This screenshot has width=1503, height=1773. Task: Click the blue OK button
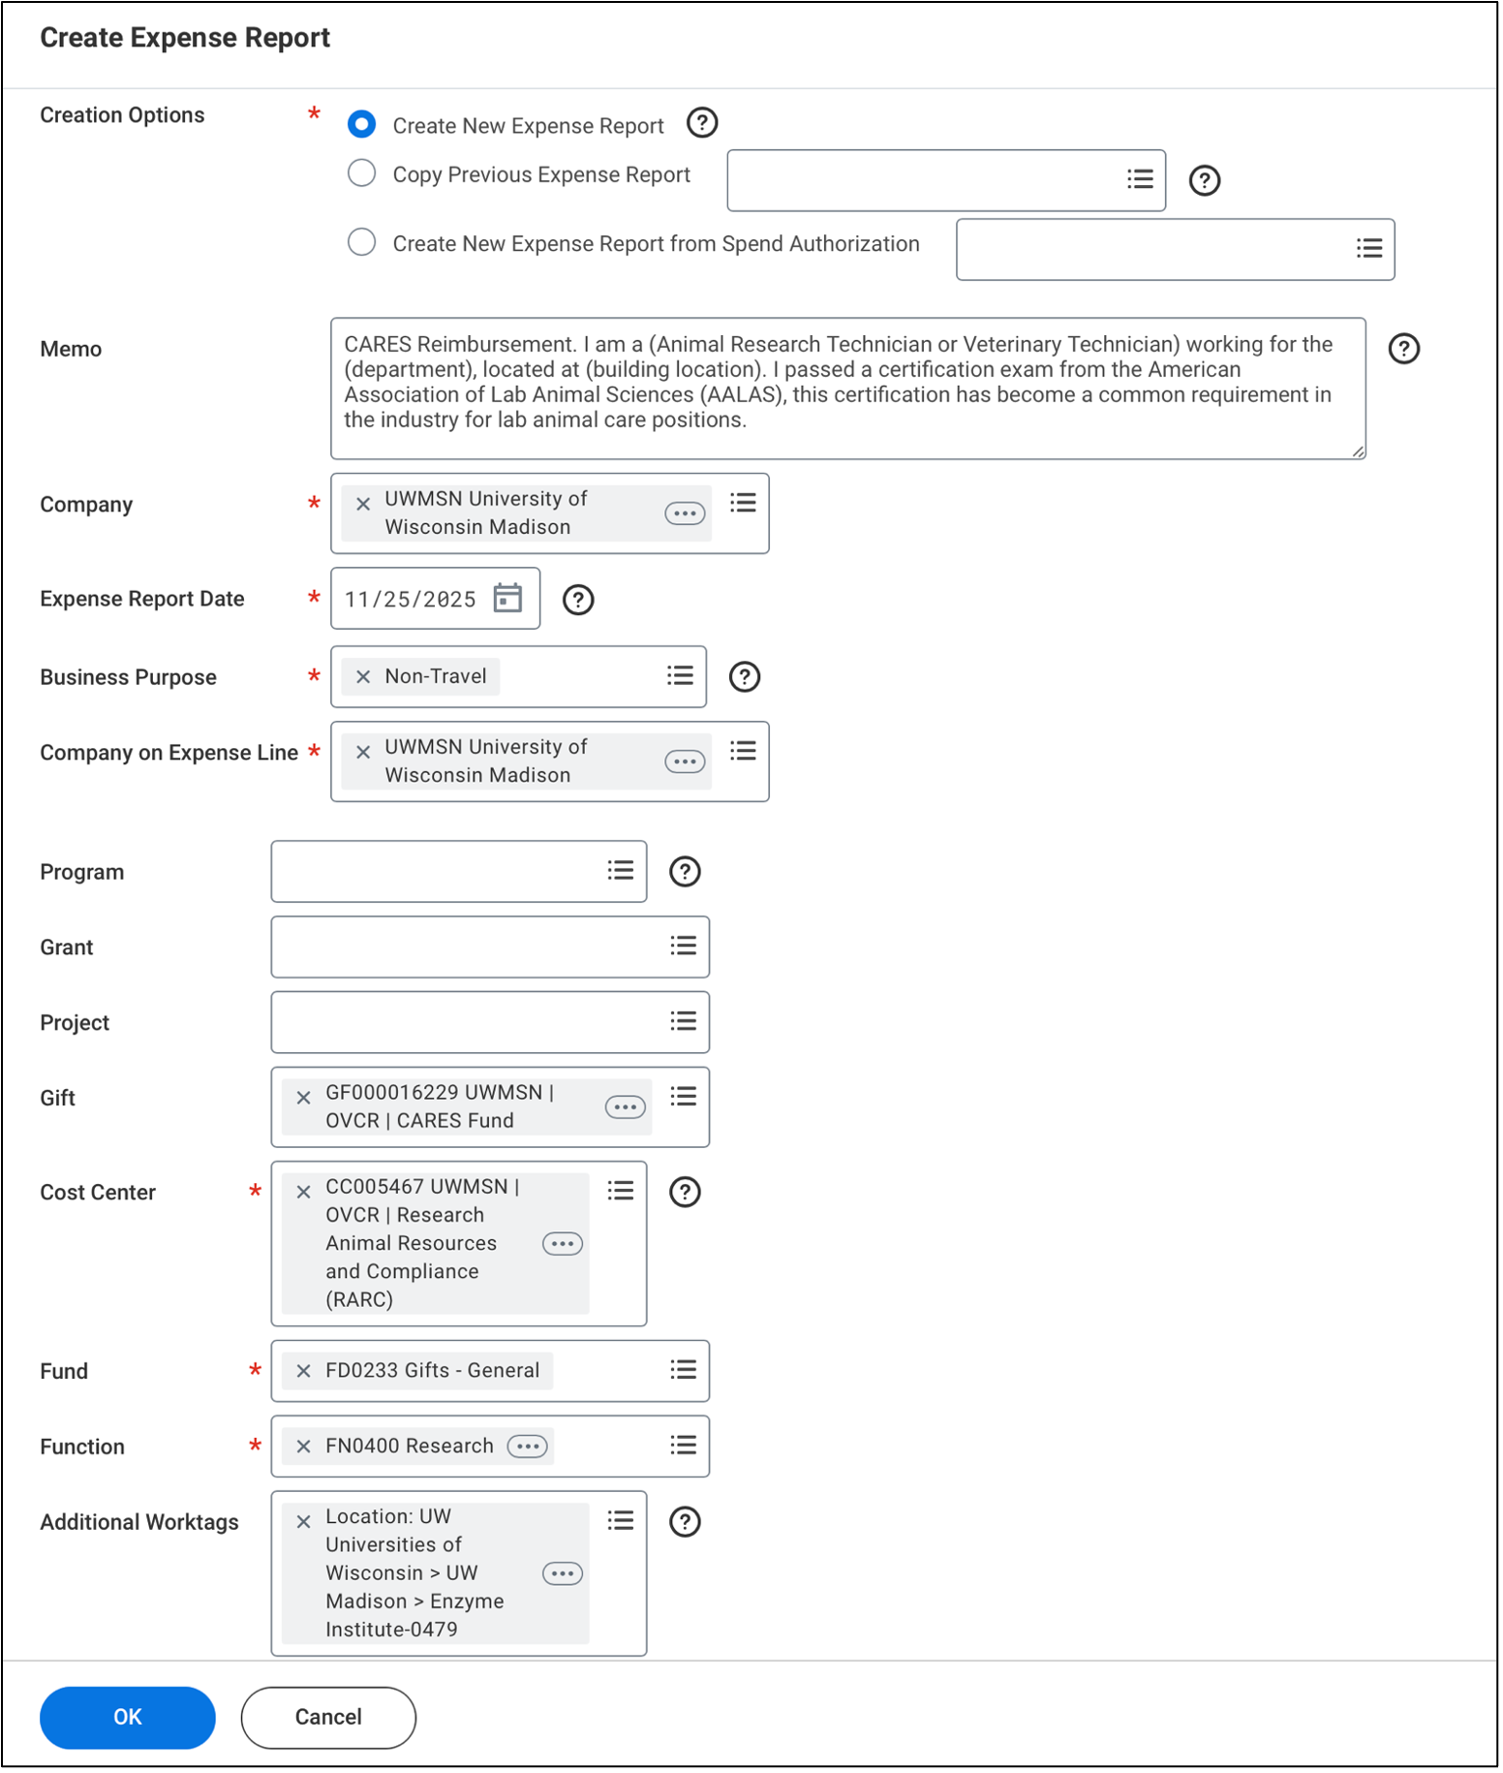(x=127, y=1717)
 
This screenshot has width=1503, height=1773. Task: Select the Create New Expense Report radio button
(x=362, y=124)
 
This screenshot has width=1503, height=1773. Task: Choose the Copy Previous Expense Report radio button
(x=362, y=173)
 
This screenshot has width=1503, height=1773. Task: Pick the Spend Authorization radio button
(x=362, y=242)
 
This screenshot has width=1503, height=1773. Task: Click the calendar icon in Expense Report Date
(x=507, y=598)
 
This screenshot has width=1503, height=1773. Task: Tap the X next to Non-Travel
(x=363, y=676)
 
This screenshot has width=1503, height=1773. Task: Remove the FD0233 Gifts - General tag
(x=303, y=1370)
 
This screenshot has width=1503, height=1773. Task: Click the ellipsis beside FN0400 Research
(x=528, y=1446)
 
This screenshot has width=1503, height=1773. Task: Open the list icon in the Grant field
(x=683, y=946)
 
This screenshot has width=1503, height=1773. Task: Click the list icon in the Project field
(x=683, y=1021)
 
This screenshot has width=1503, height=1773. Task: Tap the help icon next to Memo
(x=1403, y=349)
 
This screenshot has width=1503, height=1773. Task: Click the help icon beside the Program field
(x=685, y=871)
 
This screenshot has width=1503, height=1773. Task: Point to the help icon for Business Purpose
(x=744, y=676)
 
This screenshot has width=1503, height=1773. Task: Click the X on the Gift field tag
(x=303, y=1097)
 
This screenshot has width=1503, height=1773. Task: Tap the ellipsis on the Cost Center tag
(x=563, y=1243)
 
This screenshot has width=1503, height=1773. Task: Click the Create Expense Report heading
(x=185, y=38)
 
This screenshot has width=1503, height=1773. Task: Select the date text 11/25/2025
(x=411, y=599)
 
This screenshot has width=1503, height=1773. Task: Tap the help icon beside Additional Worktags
(x=685, y=1521)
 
